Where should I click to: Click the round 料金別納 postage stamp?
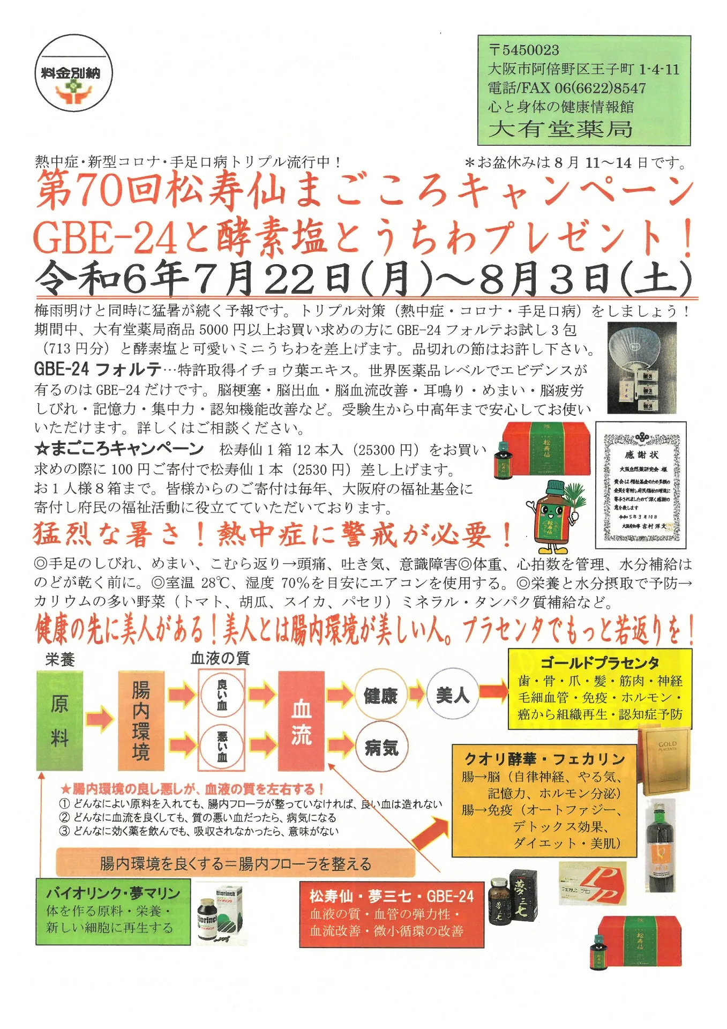74,73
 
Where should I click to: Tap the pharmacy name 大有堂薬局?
560,129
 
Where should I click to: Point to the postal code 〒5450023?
524,50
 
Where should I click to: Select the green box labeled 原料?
59,720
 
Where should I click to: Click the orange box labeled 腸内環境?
141,720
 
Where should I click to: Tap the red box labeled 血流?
301,720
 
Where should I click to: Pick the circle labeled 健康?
380,696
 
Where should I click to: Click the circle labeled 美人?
453,695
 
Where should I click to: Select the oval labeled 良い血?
222,695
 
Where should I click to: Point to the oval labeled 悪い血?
222,746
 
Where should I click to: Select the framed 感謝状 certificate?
641,484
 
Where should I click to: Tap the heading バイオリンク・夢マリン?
113,893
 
